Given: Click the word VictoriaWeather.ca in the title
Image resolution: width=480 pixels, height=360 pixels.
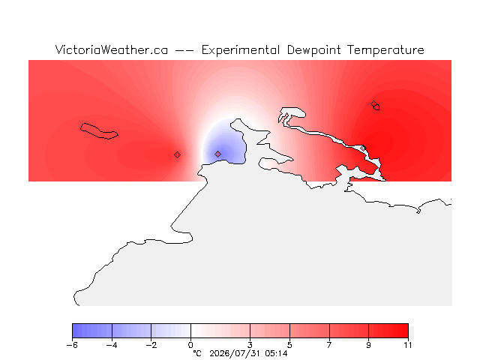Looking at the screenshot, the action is (112, 50).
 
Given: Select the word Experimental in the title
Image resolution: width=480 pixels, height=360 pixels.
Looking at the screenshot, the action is (241, 50).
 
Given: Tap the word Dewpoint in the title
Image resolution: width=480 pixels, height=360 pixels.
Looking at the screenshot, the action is (313, 50).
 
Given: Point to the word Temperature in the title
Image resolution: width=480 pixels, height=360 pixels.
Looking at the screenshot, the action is (385, 50).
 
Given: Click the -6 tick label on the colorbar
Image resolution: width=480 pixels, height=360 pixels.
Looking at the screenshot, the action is (72, 345).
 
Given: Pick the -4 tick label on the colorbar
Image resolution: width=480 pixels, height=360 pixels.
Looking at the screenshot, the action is (112, 345).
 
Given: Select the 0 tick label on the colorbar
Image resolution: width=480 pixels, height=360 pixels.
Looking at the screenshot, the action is (190, 345).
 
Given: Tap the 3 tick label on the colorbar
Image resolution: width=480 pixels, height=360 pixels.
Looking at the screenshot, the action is (250, 345).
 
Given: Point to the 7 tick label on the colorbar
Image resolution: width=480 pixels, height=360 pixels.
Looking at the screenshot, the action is (329, 345).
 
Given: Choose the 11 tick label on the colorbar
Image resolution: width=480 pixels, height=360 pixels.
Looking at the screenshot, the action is (408, 345).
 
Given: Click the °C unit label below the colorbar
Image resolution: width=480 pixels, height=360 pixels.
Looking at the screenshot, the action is (197, 353).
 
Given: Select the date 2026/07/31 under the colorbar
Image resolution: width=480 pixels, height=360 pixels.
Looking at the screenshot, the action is (235, 354).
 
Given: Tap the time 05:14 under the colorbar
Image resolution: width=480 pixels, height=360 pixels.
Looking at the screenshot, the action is (277, 353).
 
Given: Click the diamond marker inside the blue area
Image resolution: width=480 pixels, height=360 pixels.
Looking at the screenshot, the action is (217, 154).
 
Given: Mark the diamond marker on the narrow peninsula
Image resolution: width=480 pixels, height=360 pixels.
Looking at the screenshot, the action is (363, 148).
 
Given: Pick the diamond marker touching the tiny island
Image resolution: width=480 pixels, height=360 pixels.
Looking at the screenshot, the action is (373, 104).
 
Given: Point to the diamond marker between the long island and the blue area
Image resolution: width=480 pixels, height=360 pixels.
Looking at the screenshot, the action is (177, 155).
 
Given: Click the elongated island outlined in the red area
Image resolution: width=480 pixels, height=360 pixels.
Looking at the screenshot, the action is (99, 131).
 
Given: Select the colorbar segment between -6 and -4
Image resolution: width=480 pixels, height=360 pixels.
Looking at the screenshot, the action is (92, 331).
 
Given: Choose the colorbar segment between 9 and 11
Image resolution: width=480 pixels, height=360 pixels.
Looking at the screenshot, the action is (388, 331).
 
